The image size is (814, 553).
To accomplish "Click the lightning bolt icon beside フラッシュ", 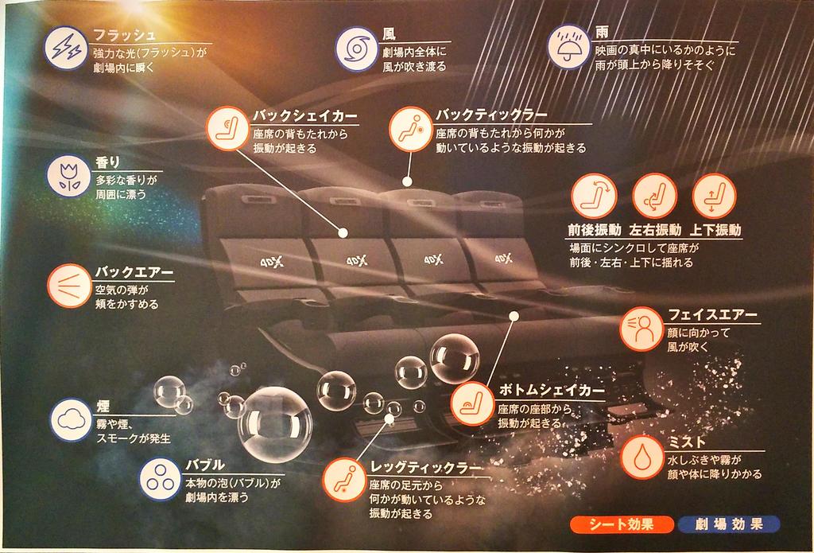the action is click(66, 48).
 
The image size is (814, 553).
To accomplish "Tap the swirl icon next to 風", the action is click(357, 49).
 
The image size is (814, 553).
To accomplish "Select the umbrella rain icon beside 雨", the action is click(569, 47).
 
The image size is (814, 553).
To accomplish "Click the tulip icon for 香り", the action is click(69, 176).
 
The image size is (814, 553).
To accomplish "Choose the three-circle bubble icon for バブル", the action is click(161, 479).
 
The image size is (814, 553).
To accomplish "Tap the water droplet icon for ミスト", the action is click(642, 458).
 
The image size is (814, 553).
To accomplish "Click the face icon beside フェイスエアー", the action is click(642, 329).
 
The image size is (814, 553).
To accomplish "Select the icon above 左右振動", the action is click(654, 196).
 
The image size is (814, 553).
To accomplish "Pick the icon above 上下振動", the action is click(715, 196).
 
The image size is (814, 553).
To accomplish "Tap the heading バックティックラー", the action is click(491, 115).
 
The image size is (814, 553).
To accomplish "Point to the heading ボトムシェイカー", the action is click(552, 390).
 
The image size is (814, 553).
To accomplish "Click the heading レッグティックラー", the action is click(426, 467).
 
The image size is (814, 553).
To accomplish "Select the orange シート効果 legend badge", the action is click(621, 524).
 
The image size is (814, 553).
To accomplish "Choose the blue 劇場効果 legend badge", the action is click(729, 524).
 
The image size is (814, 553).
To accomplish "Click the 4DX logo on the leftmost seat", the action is click(272, 262).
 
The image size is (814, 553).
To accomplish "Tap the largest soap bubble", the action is click(274, 424).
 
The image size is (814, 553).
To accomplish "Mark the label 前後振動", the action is click(595, 230).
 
